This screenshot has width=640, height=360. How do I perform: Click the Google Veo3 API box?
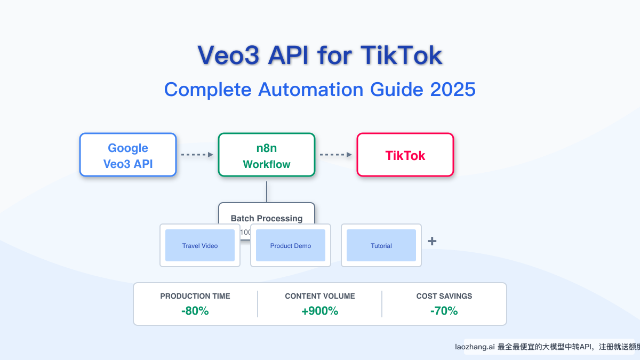[128, 155]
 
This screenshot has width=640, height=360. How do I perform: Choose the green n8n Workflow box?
[267, 155]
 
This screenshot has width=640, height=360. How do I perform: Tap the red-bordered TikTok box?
[405, 155]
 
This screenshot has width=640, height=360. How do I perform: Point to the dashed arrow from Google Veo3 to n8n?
[197, 155]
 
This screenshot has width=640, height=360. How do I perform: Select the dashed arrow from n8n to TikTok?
[335, 155]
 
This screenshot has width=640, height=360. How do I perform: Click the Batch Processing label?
[267, 218]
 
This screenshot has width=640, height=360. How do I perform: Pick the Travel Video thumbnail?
[200, 245]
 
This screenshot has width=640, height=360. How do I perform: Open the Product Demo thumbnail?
[291, 245]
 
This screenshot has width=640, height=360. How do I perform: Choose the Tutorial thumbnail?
[381, 245]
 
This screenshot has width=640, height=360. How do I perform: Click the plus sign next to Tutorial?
[432, 242]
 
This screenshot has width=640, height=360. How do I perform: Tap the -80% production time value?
[195, 311]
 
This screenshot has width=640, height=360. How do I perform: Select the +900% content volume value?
[320, 311]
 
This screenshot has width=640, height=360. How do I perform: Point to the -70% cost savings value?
[444, 311]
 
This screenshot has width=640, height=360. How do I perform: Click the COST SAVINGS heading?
[444, 296]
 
